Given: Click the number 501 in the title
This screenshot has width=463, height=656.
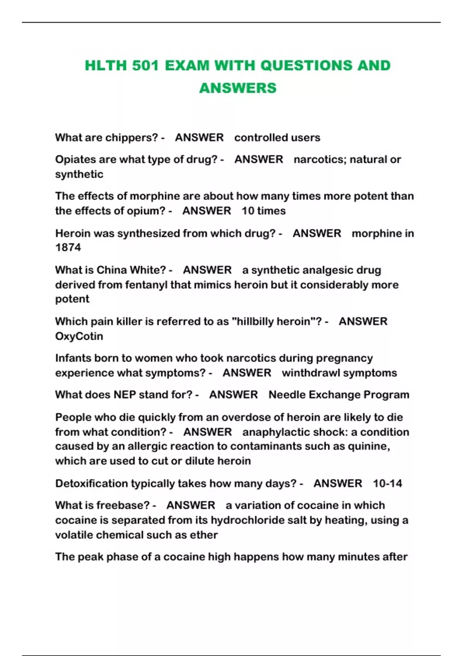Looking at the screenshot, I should point(145,66).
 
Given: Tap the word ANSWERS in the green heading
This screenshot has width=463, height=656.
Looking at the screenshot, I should point(238,88).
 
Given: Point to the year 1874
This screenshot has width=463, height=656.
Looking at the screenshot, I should point(68,248).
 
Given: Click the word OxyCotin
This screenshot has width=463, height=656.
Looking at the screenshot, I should point(79,336).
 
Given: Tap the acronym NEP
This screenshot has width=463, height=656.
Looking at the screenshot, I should point(125,395).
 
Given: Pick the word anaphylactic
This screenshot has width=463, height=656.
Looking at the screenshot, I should point(274,432).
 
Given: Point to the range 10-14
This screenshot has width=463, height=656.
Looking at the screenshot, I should point(387,484).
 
